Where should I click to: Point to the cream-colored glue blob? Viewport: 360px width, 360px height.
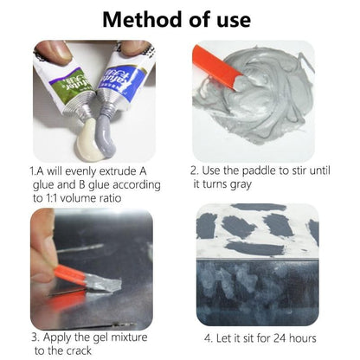(89, 140)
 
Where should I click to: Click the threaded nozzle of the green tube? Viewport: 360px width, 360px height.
(80, 108)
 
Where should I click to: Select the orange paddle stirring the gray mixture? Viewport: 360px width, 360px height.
(217, 68)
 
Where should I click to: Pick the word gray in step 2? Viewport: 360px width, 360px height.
(240, 185)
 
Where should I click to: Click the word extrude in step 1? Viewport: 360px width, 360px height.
(118, 171)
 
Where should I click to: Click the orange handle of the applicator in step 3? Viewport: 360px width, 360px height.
(70, 275)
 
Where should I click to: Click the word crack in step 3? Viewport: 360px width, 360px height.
(79, 350)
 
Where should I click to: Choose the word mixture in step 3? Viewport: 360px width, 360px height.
(129, 337)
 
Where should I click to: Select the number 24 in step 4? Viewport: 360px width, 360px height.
(280, 338)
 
